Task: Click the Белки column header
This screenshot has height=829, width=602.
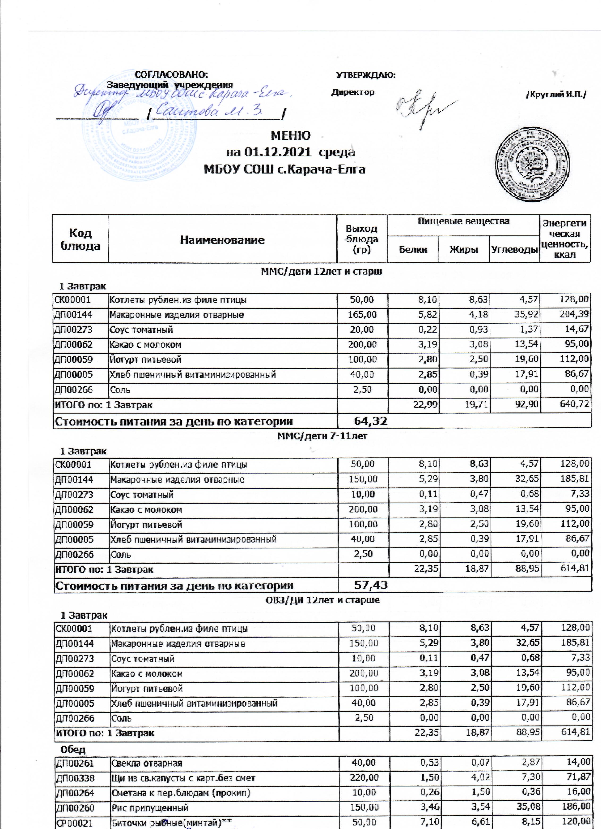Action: [413, 250]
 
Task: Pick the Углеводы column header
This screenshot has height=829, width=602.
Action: [514, 250]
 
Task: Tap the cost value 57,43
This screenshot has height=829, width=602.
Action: [371, 586]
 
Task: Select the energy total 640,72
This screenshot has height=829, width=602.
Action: [574, 405]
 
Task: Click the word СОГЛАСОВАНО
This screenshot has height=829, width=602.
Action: [171, 74]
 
